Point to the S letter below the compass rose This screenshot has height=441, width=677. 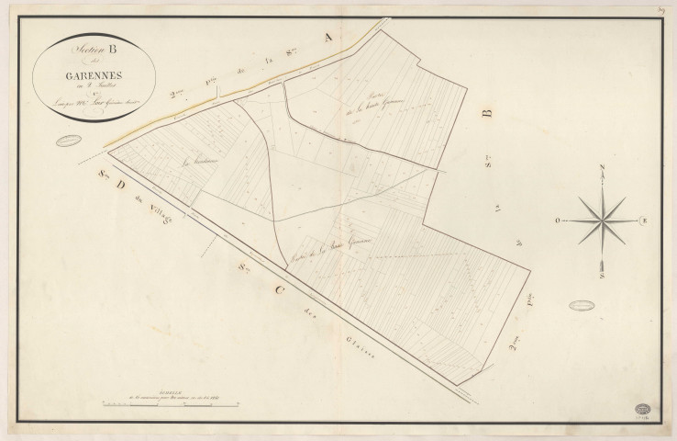tap(603, 274)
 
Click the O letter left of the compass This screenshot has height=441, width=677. tap(557, 221)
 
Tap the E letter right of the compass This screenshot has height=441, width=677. tap(644, 221)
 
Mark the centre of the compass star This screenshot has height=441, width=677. tap(603, 221)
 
